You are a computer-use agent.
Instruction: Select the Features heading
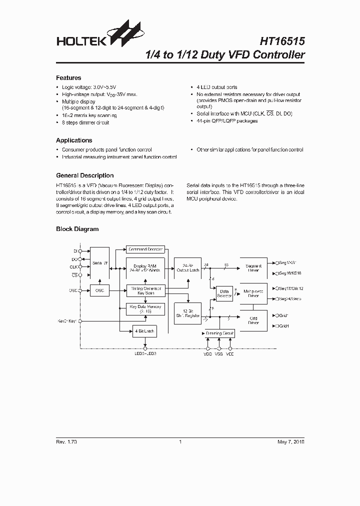68,78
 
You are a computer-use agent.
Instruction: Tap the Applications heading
74,140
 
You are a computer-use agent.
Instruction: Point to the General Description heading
84,175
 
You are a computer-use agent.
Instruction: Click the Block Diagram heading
77,229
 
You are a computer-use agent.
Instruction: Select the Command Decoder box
145,249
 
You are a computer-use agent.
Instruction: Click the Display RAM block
145,267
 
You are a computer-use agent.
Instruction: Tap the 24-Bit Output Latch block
187,267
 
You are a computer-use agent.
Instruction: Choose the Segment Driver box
253,267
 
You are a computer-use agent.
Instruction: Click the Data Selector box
223,293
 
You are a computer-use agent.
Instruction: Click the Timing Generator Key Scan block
145,291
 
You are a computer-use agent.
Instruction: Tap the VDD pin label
208,353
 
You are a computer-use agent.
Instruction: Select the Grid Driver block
253,320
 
